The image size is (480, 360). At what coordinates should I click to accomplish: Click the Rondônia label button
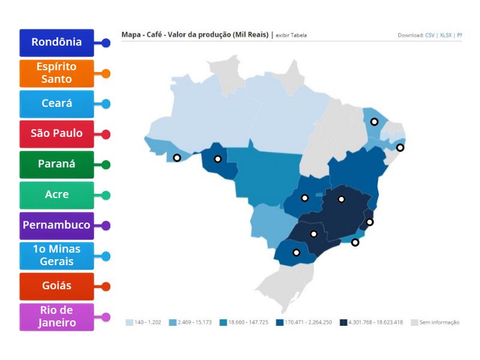point(56,43)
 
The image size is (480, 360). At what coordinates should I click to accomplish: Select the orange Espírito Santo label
point(56,73)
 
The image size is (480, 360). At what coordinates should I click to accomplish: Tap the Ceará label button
point(56,104)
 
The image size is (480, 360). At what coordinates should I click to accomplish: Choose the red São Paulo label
point(56,134)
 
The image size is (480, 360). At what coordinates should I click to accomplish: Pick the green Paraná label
point(56,164)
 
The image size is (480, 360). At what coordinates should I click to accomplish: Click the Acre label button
point(56,195)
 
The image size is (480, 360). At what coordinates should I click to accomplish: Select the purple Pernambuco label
point(56,226)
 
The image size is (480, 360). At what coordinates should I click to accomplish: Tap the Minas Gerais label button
point(56,256)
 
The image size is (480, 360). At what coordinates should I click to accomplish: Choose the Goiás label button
point(56,286)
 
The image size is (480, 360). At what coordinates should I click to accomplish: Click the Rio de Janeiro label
point(56,317)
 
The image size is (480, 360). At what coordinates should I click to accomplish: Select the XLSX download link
point(445,35)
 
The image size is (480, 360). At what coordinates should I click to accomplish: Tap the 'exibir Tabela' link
point(291,35)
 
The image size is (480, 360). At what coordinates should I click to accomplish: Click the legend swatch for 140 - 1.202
point(129,322)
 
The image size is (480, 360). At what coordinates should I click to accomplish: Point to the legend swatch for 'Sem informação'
point(414,322)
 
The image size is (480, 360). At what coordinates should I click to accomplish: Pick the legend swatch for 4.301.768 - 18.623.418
point(343,322)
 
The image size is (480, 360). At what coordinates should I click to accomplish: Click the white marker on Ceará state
point(374,122)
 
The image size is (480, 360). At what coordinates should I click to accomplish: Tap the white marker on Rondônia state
point(218,159)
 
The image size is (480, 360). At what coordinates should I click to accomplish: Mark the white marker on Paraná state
point(296,253)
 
